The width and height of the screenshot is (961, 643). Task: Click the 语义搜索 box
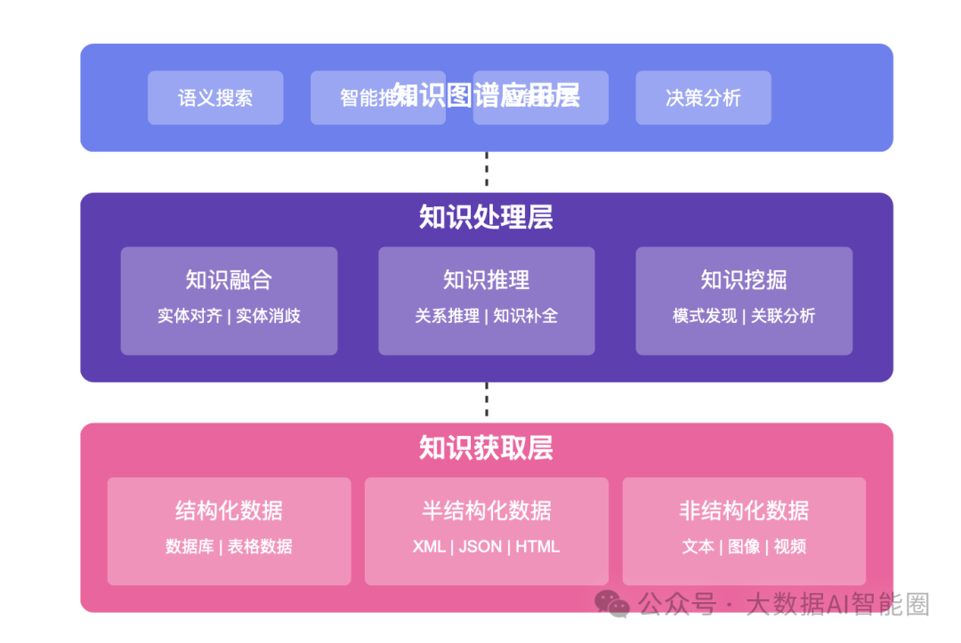(215, 98)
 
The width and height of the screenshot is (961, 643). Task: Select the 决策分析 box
(703, 98)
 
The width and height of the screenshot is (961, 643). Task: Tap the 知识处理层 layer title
(486, 217)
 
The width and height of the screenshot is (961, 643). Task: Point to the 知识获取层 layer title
(486, 447)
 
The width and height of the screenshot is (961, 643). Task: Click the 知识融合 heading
(229, 280)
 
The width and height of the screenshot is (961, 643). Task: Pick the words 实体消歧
(268, 316)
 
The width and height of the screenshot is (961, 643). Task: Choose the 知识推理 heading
(486, 280)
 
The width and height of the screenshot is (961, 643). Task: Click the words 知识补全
(525, 316)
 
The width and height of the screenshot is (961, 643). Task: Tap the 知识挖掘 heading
(744, 280)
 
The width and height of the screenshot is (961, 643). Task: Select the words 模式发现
(705, 316)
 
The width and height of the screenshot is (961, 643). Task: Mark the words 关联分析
(783, 316)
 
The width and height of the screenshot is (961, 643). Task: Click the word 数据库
(190, 546)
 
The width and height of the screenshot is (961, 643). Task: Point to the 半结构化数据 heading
(486, 510)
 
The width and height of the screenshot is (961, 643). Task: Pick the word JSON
(480, 546)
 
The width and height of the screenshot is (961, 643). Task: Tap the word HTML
(537, 546)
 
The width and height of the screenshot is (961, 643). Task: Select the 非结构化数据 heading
(744, 510)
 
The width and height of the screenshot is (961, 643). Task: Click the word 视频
(790, 546)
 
